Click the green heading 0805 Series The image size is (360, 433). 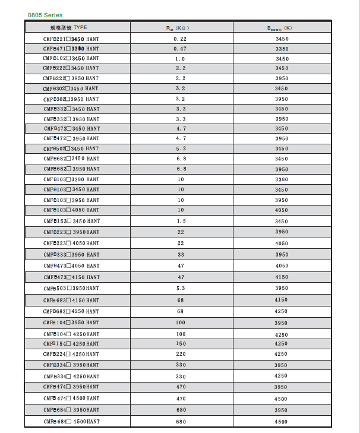[x=45, y=15]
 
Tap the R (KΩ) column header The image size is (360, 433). [x=180, y=28]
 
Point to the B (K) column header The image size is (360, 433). [x=282, y=28]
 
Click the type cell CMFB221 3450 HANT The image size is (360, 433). [x=71, y=39]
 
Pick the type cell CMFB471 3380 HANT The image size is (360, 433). [x=71, y=49]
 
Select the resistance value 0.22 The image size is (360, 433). [x=180, y=39]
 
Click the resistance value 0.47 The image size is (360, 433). [x=180, y=49]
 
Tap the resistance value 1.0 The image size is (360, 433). [x=180, y=59]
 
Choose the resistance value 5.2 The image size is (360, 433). [x=180, y=148]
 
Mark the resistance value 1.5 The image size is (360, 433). [x=180, y=221]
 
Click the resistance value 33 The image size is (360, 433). [x=180, y=254]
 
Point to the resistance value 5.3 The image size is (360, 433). [x=180, y=288]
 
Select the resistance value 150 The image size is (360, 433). [x=180, y=344]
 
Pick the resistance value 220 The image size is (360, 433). [x=180, y=354]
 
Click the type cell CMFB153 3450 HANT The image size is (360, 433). [x=71, y=221]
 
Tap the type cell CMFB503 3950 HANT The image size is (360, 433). [x=71, y=288]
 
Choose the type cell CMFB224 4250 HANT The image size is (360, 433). [x=71, y=354]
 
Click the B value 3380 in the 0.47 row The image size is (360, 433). [x=282, y=49]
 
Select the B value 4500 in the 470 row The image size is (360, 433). [x=282, y=399]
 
